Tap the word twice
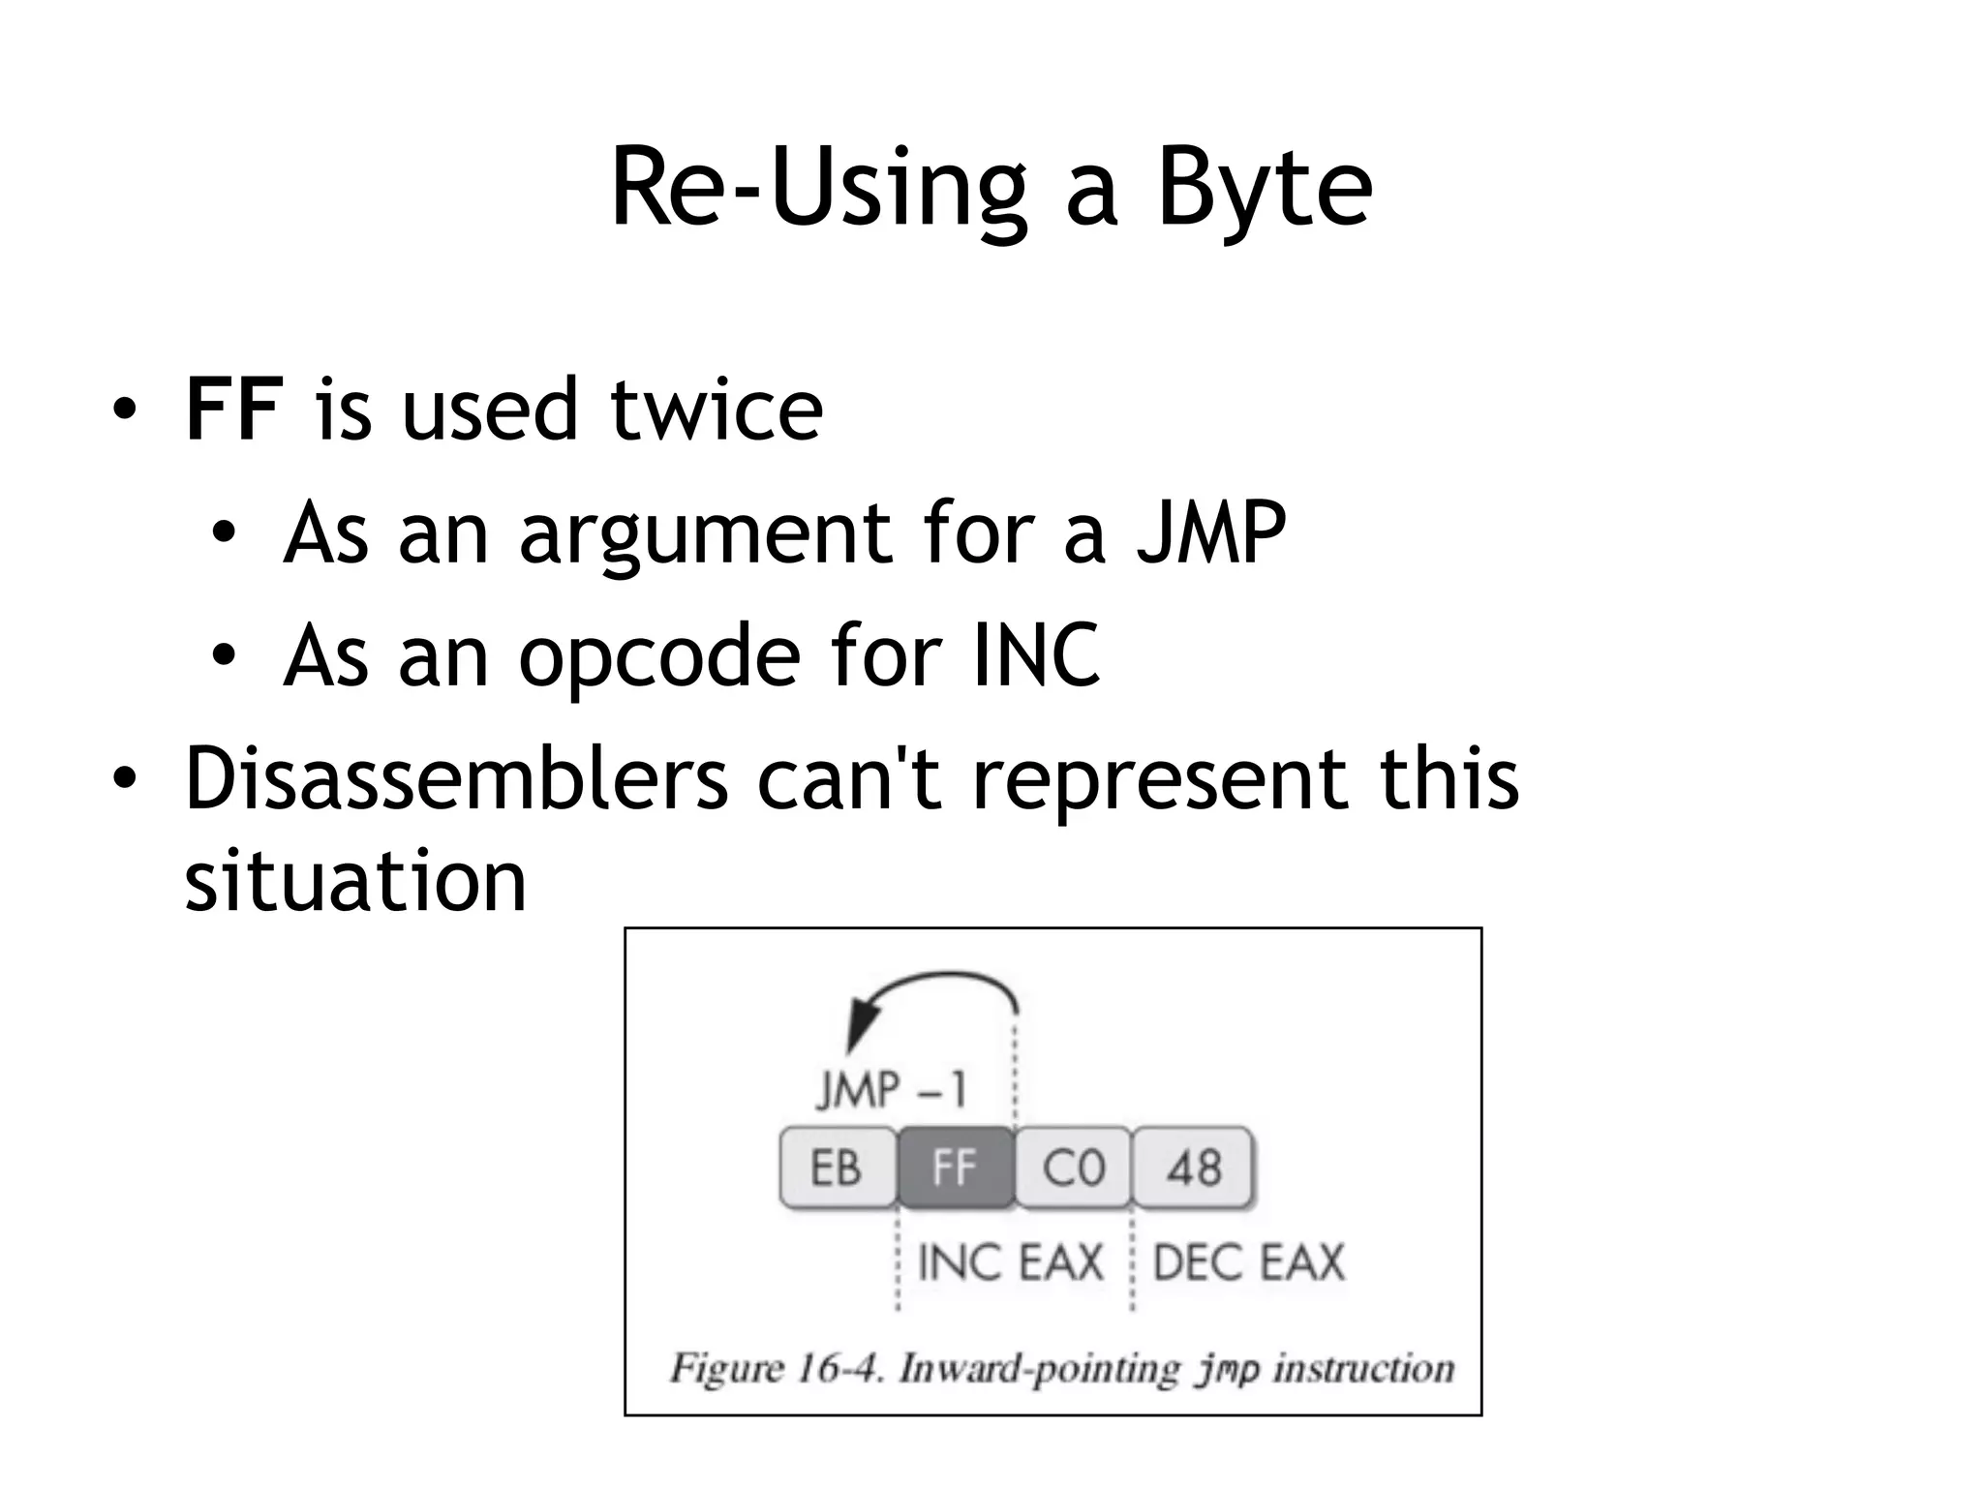pyautogui.click(x=717, y=410)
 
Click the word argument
pyautogui.click(x=705, y=533)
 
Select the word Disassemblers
pyautogui.click(x=456, y=778)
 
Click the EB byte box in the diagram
pyautogui.click(x=838, y=1168)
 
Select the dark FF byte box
pyautogui.click(x=956, y=1168)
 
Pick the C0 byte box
pyautogui.click(x=1074, y=1168)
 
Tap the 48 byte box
pyautogui.click(x=1193, y=1168)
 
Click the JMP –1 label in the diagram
pyautogui.click(x=891, y=1091)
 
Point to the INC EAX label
pyautogui.click(x=1010, y=1262)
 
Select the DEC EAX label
pyautogui.click(x=1249, y=1262)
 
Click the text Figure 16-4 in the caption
pyautogui.click(x=775, y=1369)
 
